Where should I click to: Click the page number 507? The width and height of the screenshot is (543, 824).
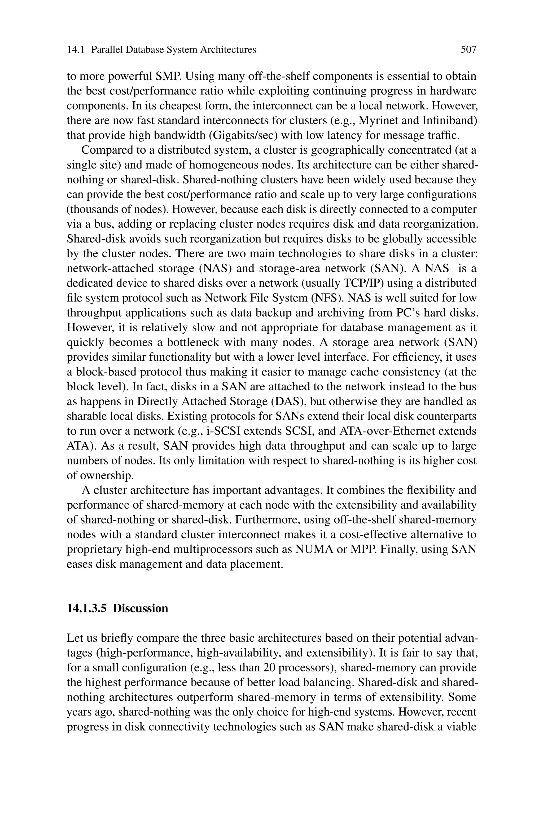(x=468, y=50)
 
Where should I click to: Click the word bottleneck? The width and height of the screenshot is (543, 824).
(x=193, y=342)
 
